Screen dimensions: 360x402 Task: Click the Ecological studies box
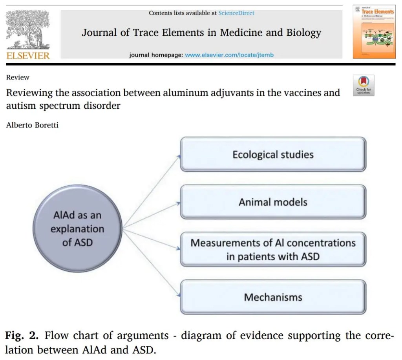[273, 154]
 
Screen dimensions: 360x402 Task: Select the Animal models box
[273, 202]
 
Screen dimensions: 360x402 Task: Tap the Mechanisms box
[273, 297]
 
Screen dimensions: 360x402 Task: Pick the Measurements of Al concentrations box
[273, 250]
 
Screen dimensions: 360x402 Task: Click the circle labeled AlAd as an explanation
[77, 229]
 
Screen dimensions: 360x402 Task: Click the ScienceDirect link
[236, 13]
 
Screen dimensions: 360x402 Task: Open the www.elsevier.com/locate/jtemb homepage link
[229, 55]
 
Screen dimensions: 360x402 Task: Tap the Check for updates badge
[364, 85]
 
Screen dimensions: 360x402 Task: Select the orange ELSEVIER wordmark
[28, 55]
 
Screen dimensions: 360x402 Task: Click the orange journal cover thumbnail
[374, 32]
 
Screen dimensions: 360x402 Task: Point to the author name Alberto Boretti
[32, 126]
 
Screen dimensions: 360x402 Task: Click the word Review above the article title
[18, 77]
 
